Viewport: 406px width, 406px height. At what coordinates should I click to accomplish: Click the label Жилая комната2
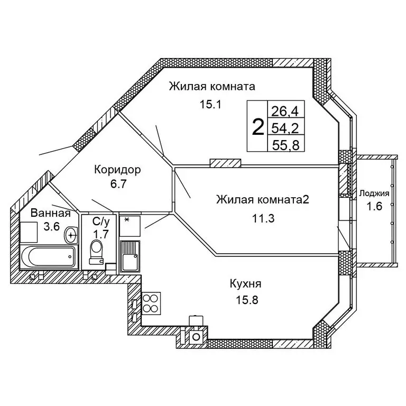click(262, 200)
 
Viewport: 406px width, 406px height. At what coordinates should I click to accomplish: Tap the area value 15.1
click(209, 104)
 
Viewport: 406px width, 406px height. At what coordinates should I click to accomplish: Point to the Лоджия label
click(374, 193)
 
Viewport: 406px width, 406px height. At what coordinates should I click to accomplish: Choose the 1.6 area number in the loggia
click(374, 207)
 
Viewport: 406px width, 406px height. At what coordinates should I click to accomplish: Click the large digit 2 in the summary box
click(259, 127)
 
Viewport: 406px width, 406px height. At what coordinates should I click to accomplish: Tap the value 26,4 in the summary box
click(285, 111)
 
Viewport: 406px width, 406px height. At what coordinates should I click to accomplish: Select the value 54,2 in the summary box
click(285, 127)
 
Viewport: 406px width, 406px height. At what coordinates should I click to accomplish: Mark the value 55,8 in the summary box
click(285, 144)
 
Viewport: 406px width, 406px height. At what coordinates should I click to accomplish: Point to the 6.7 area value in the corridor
click(117, 186)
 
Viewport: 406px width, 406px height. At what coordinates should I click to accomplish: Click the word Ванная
click(50, 214)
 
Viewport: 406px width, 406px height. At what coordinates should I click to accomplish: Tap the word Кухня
click(245, 285)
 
